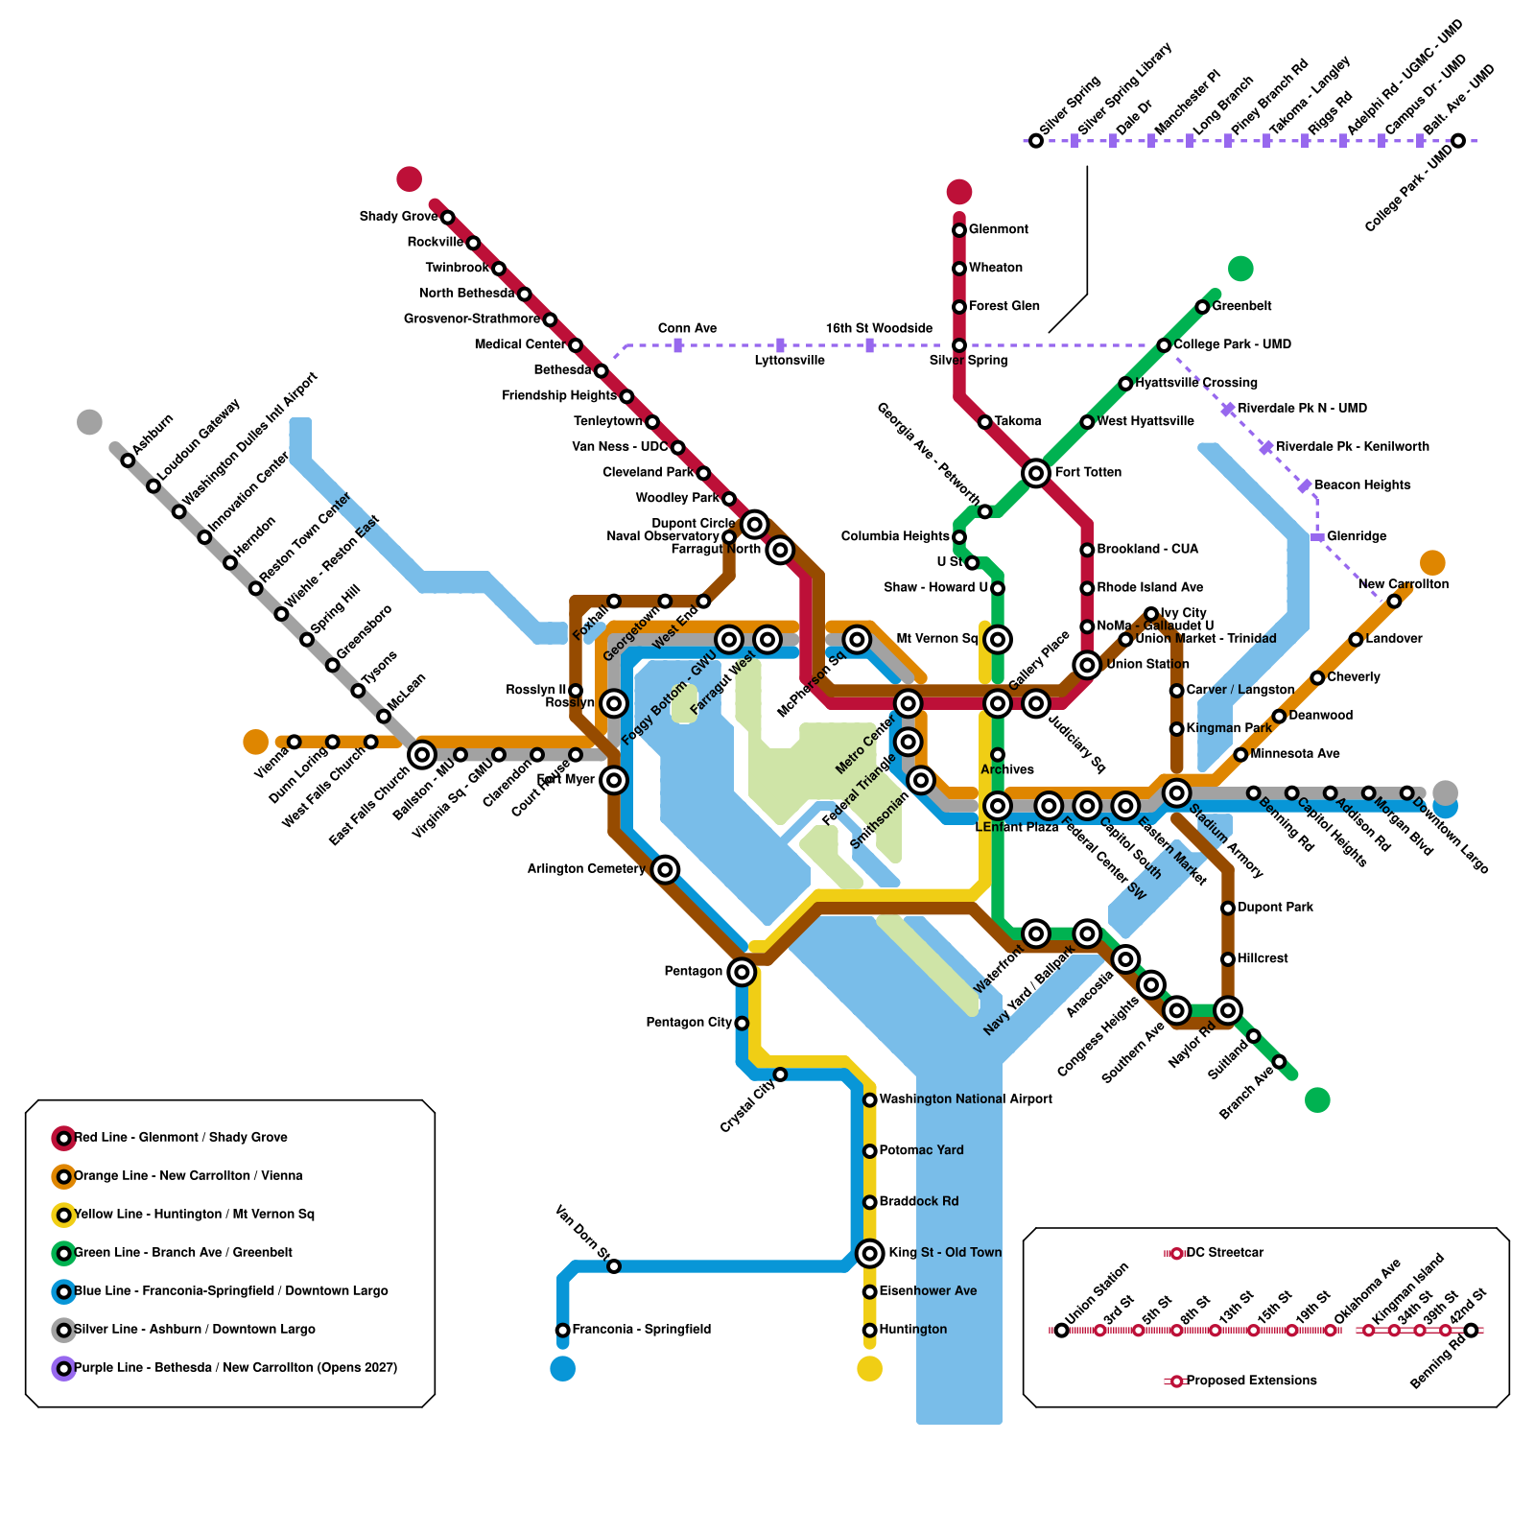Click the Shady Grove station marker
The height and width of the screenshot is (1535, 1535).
click(447, 218)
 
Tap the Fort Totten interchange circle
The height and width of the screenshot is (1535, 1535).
click(1035, 473)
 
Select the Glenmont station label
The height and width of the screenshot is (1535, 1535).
click(998, 229)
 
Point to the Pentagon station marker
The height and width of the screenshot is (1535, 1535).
click(741, 972)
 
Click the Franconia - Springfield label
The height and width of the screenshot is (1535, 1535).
click(641, 1330)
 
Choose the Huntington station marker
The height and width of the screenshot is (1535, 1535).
click(869, 1330)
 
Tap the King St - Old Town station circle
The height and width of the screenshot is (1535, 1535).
click(869, 1253)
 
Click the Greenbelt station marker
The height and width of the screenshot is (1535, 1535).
click(1202, 307)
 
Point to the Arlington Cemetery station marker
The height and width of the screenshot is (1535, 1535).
click(665, 869)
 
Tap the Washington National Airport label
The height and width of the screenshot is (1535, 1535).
click(965, 1099)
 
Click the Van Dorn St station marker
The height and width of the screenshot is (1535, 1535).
click(614, 1266)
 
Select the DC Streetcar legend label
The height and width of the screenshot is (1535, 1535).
click(1224, 1253)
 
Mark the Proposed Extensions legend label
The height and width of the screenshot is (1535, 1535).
click(1251, 1381)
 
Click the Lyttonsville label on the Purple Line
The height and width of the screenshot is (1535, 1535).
click(789, 361)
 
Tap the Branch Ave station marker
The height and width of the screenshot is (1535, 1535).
click(1279, 1061)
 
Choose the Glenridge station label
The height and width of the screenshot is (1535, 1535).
click(1357, 536)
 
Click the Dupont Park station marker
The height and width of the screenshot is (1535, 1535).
click(1228, 908)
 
